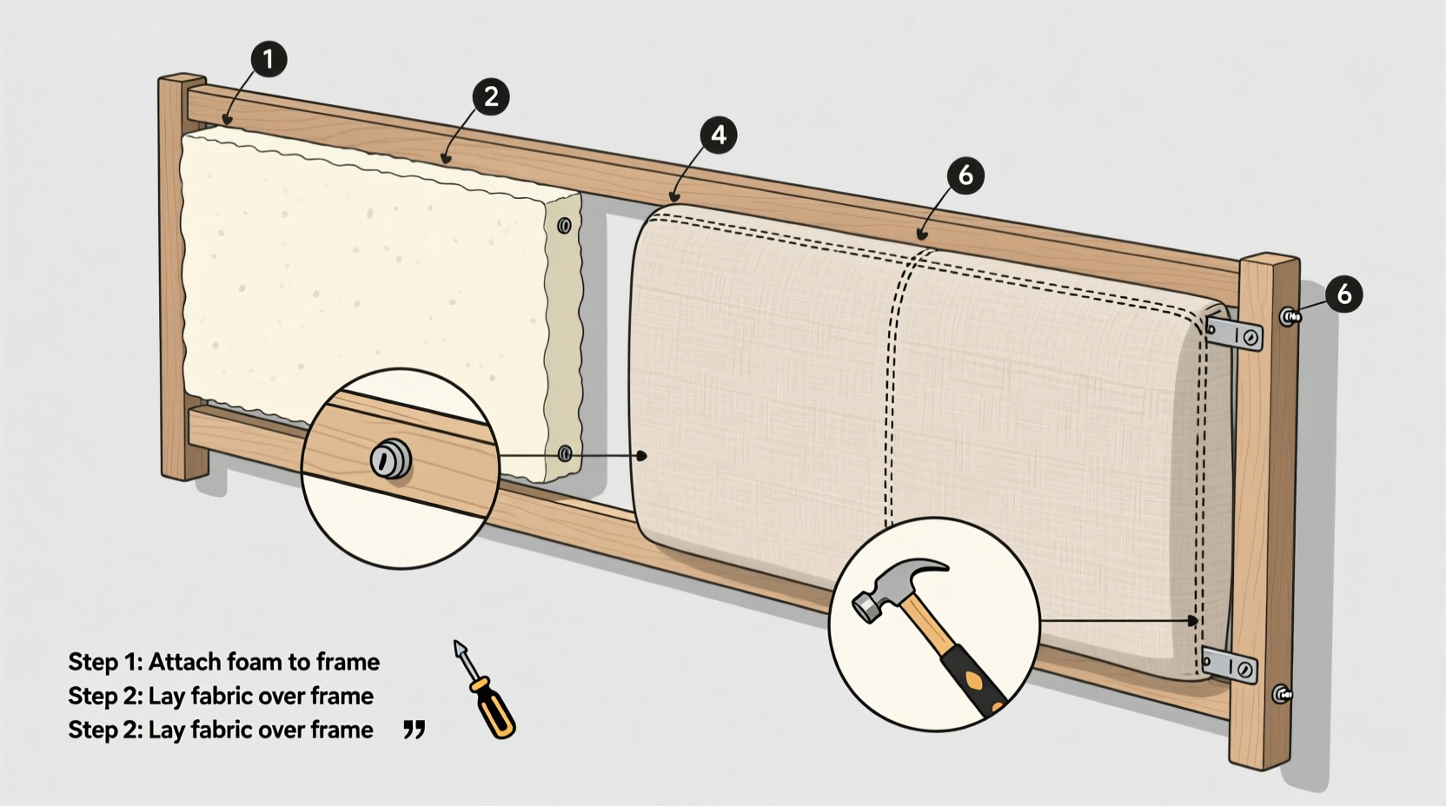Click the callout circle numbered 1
click(x=268, y=58)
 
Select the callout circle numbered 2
click(x=490, y=96)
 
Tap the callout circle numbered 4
click(x=718, y=135)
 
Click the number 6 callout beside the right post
click(x=1343, y=294)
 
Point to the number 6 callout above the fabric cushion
click(x=965, y=176)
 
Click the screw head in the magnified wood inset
click(x=390, y=459)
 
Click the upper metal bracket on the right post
click(x=1234, y=333)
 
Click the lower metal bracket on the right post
click(x=1230, y=666)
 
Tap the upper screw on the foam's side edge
click(x=564, y=226)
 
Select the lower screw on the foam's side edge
click(x=564, y=453)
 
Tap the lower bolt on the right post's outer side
click(x=1282, y=694)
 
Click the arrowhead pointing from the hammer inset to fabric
click(x=1195, y=620)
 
